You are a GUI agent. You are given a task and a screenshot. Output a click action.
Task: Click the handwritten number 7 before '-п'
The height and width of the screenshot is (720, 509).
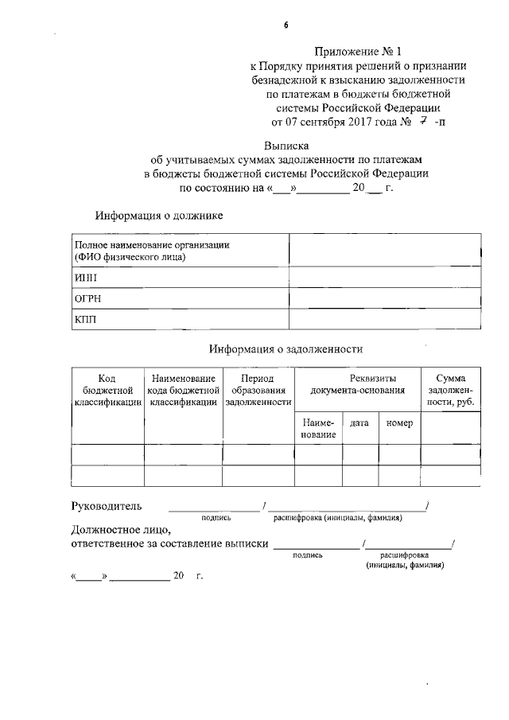pyautogui.click(x=425, y=123)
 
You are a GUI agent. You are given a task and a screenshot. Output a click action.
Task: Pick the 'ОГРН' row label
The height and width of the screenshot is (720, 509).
pyautogui.click(x=87, y=298)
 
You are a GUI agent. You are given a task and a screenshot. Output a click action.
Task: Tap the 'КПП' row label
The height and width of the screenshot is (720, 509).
pyautogui.click(x=85, y=320)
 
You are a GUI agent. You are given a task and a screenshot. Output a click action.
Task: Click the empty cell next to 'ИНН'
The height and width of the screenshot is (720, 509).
pyautogui.click(x=384, y=278)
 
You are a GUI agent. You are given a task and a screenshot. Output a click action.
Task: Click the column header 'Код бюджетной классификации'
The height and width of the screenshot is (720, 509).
pyautogui.click(x=107, y=391)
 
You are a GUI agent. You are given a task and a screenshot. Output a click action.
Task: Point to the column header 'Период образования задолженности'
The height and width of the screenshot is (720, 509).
pyautogui.click(x=258, y=391)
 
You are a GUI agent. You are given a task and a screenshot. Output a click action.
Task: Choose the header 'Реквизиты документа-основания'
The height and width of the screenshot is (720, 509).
pyautogui.click(x=357, y=384)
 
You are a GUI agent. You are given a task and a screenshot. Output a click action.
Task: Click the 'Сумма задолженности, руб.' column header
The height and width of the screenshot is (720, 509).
pyautogui.click(x=450, y=391)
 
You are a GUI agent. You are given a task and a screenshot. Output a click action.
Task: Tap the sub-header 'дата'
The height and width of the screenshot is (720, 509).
pyautogui.click(x=359, y=424)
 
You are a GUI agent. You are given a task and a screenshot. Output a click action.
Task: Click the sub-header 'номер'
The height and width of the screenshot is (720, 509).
pyautogui.click(x=399, y=424)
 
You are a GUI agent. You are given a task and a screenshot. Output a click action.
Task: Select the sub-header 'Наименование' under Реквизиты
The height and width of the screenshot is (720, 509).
pyautogui.click(x=318, y=429)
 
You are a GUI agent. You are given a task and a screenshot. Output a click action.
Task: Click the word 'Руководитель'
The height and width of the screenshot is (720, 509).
pyautogui.click(x=107, y=506)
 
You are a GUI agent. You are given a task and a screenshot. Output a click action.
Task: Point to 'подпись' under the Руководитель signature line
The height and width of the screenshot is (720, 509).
pyautogui.click(x=216, y=518)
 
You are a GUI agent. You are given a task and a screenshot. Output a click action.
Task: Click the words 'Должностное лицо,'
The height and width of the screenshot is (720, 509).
pyautogui.click(x=120, y=529)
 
